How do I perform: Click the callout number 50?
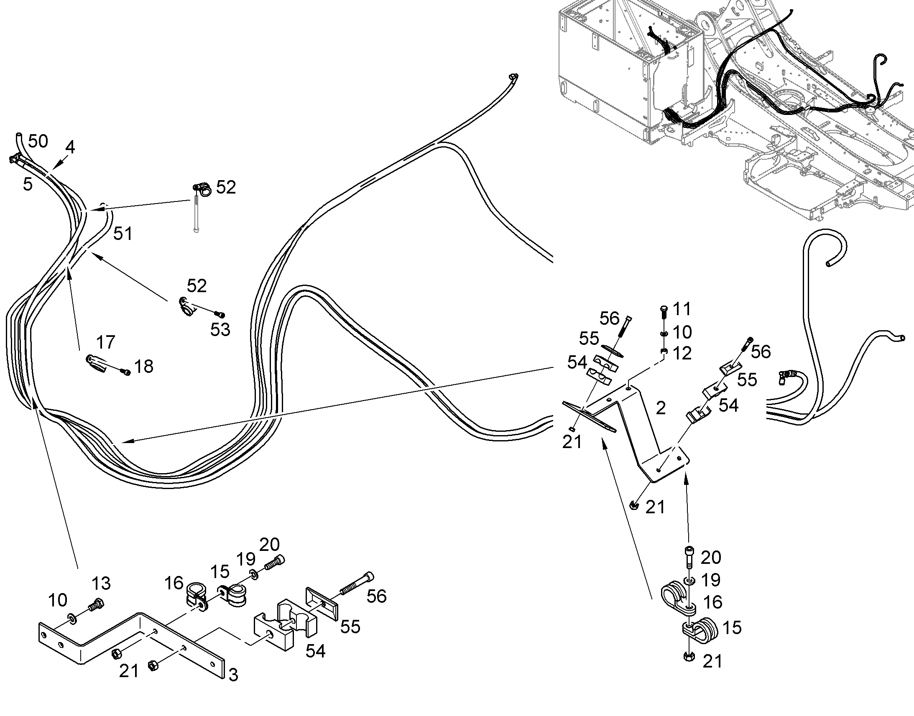click(x=38, y=141)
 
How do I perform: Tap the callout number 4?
click(x=70, y=147)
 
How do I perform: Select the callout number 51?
click(x=123, y=234)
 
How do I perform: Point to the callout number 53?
click(x=220, y=329)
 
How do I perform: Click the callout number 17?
click(x=106, y=342)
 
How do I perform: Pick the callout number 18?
click(x=144, y=367)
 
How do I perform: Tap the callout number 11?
click(x=682, y=309)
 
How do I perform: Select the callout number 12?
click(x=682, y=353)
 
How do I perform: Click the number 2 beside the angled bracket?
click(x=661, y=408)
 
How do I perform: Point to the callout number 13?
click(x=101, y=583)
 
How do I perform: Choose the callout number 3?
click(x=233, y=675)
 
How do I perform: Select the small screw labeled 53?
click(x=220, y=314)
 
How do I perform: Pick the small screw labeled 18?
click(x=125, y=371)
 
